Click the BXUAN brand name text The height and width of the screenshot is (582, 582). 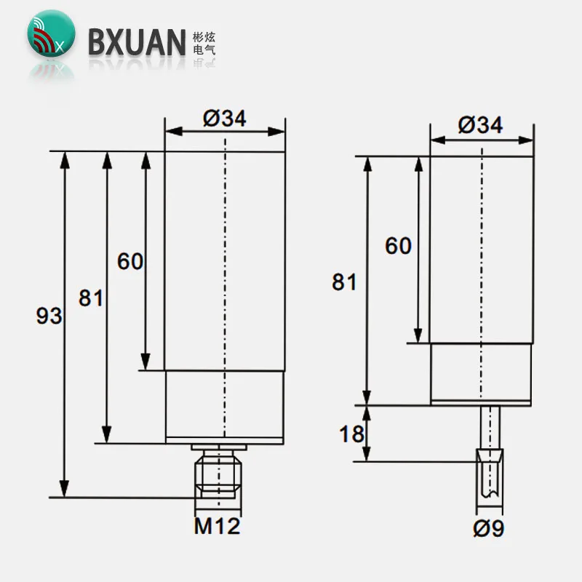137,42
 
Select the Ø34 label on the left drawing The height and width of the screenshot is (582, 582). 224,120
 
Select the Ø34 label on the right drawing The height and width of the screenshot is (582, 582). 480,124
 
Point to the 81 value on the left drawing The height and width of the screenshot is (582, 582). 92,298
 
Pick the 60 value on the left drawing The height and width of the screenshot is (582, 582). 131,260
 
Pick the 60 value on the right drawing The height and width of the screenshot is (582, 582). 398,246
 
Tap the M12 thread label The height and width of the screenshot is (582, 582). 216,525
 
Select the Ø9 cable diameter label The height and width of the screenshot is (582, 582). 488,529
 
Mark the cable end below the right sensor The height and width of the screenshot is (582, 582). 489,483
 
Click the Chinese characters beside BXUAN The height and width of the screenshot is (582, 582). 206,42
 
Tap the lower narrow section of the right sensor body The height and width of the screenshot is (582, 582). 482,372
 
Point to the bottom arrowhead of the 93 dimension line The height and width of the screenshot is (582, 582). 65,490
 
